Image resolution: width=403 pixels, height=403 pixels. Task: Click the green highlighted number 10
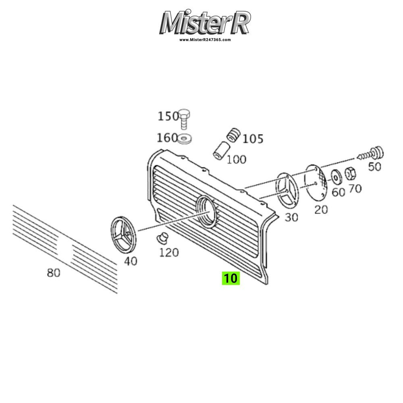[231, 278]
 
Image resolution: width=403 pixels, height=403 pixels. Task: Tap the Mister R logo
[205, 23]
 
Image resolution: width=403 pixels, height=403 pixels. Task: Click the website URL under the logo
[205, 40]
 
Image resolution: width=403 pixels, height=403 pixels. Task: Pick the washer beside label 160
[185, 139]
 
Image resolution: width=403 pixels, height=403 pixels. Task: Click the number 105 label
[253, 139]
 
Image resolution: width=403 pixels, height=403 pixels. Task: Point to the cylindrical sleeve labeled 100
[220, 150]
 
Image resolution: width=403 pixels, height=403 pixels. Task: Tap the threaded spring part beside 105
[234, 135]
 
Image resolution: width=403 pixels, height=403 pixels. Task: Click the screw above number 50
[370, 154]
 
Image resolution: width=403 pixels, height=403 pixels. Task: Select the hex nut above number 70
[350, 174]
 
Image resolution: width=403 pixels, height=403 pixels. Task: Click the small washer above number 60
[336, 177]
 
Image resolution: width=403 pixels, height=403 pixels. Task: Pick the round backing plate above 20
[315, 182]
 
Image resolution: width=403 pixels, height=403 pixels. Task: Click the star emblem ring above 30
[287, 191]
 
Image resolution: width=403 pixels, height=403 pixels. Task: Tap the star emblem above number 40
[124, 235]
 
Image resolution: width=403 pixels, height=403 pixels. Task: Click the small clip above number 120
[162, 238]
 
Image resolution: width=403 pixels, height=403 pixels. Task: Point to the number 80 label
[54, 272]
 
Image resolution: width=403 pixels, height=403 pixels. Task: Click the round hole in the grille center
[207, 212]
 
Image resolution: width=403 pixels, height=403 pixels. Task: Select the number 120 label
[169, 253]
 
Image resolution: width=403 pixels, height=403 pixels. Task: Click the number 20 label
[321, 210]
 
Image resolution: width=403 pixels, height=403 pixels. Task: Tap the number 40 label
[131, 261]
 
